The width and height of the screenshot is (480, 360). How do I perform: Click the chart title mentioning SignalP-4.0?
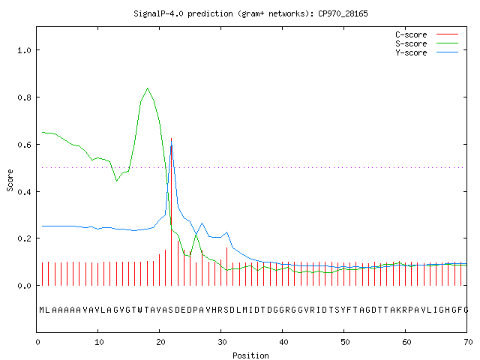(x=250, y=13)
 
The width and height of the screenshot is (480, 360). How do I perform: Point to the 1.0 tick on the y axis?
(x=25, y=50)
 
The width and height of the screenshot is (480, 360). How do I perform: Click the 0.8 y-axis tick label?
(x=25, y=97)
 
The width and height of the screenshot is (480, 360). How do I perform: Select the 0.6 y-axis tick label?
(x=25, y=145)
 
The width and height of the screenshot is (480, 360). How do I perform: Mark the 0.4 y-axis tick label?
(x=25, y=192)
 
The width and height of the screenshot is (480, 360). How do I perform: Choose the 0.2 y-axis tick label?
(x=25, y=238)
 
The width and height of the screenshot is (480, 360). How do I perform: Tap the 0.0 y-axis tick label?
(x=25, y=286)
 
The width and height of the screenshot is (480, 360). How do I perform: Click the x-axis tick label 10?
(x=99, y=342)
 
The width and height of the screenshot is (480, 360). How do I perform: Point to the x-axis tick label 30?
(x=222, y=342)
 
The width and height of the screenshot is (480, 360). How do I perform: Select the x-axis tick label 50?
(x=345, y=342)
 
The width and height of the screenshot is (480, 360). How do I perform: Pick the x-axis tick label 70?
(x=468, y=342)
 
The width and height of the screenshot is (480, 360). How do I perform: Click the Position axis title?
(x=250, y=355)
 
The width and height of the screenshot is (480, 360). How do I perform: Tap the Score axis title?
(x=10, y=180)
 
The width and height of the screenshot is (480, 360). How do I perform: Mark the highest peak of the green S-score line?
(x=148, y=88)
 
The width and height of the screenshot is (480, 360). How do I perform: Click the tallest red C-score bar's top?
(x=172, y=138)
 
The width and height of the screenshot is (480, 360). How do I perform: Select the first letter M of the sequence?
(x=42, y=310)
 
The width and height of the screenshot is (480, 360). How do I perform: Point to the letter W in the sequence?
(x=140, y=310)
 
